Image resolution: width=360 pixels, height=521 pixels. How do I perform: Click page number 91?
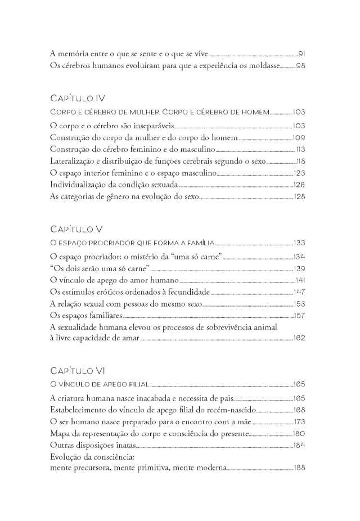(301, 54)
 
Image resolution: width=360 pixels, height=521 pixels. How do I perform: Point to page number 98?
(300, 66)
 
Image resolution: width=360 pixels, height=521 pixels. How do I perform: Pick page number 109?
(299, 137)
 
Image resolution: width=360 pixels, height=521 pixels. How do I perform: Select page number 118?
(300, 161)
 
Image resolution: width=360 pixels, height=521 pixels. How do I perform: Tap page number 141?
(300, 280)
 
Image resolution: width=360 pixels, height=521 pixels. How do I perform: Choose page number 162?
(299, 339)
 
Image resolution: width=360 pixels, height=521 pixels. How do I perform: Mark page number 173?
(299, 421)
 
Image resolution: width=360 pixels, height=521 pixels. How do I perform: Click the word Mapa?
(60, 433)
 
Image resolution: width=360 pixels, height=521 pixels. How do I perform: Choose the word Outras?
(62, 445)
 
